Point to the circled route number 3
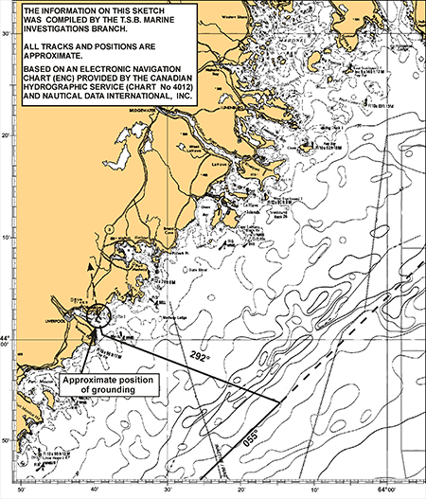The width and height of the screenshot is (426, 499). coord(112,227)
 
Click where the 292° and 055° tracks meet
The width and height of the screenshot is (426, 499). coord(281,402)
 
